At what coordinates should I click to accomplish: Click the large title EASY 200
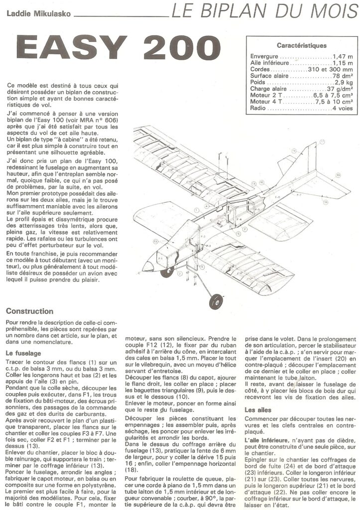[x=119, y=48]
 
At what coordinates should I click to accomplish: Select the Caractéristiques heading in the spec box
[x=302, y=45]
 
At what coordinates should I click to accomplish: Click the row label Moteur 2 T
[x=266, y=95]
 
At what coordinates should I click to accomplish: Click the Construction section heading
[x=29, y=311]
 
